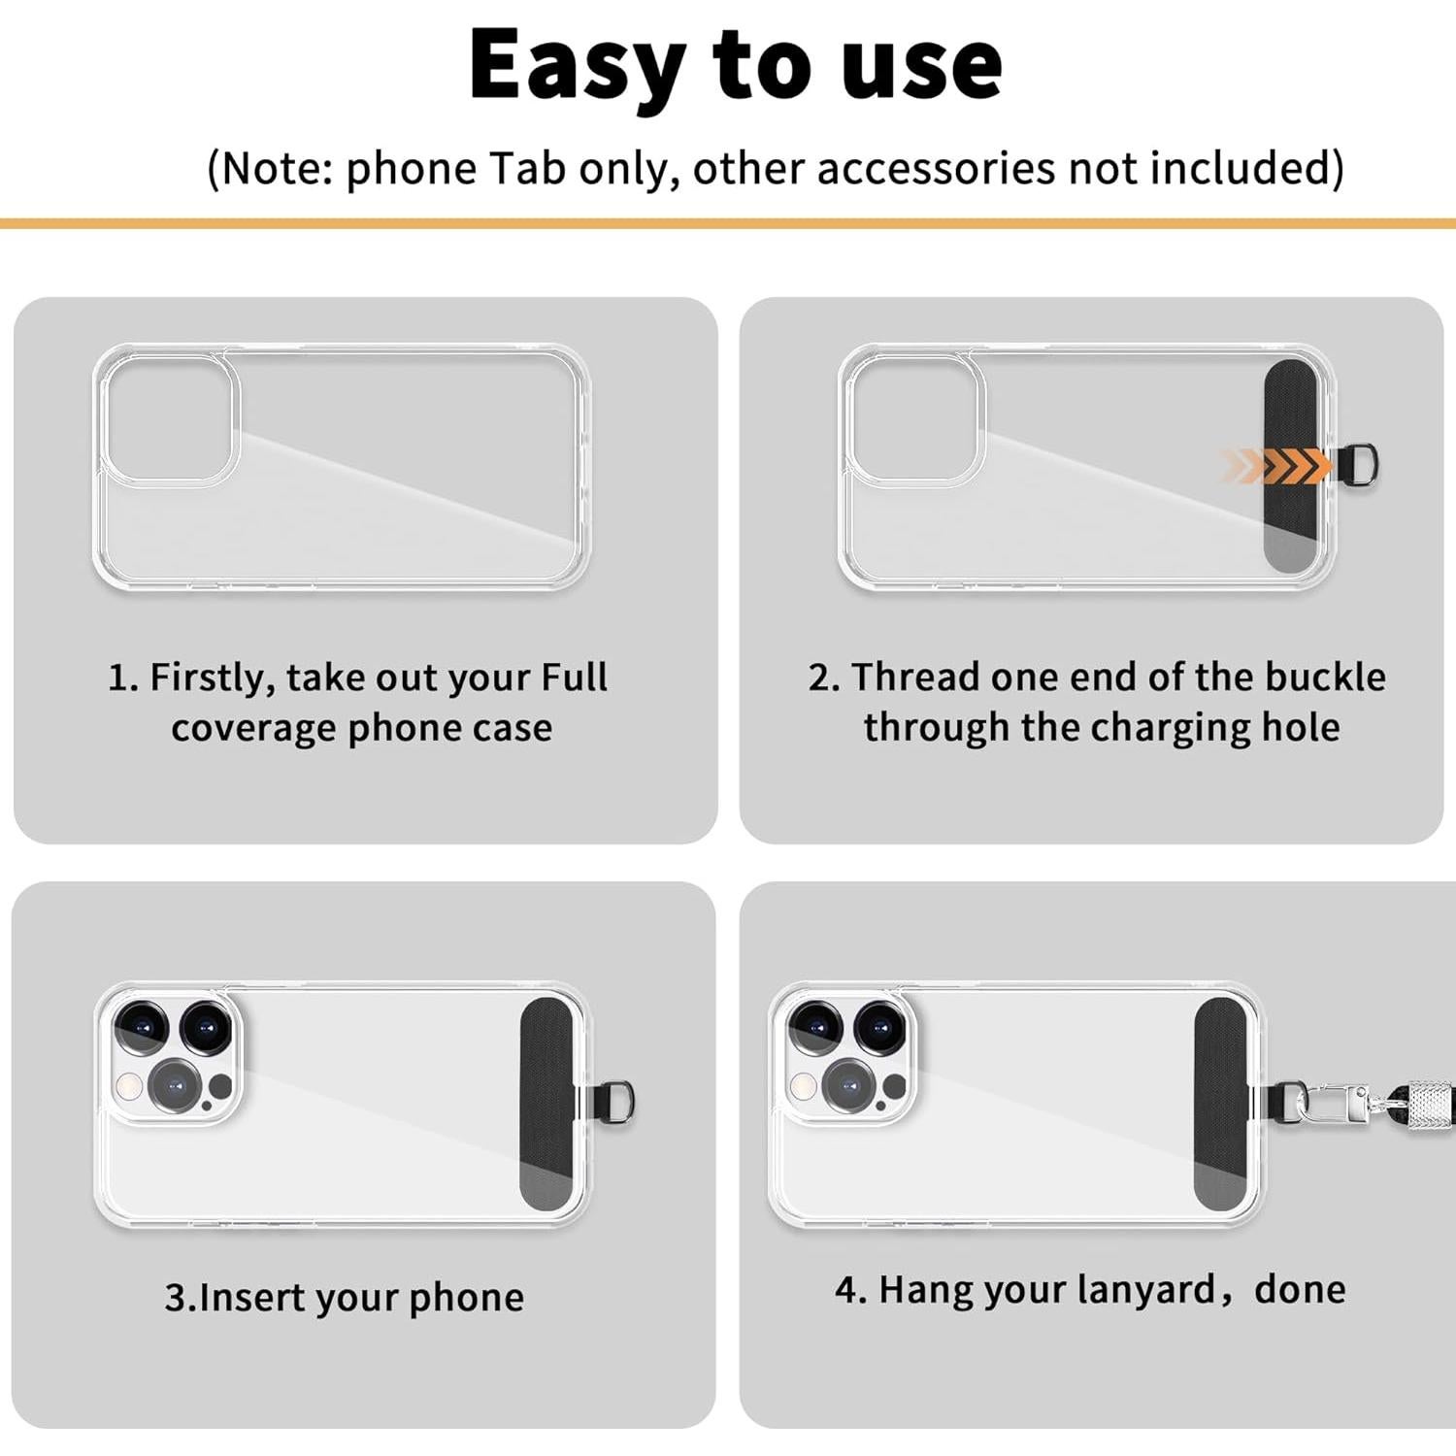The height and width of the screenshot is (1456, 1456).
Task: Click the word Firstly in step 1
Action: (213, 677)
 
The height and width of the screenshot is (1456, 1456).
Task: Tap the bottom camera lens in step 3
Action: (175, 1085)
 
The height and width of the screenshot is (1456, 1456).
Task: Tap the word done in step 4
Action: (1300, 1289)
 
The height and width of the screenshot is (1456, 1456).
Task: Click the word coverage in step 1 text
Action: (254, 727)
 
